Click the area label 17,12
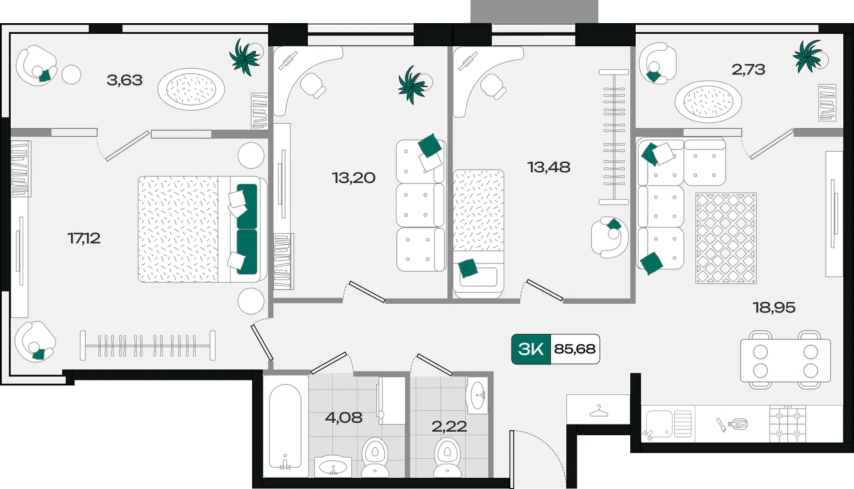tap(84, 238)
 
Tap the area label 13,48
tap(548, 167)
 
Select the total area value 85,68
tap(575, 349)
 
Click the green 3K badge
tap(531, 349)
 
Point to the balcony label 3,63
tap(125, 80)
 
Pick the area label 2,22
tap(449, 426)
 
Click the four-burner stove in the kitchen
tap(788, 424)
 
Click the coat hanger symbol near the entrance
tap(599, 411)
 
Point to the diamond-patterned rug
tap(726, 238)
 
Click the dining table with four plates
tap(786, 360)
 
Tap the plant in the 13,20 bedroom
tap(413, 85)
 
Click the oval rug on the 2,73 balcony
tap(708, 101)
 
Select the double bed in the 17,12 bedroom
tap(202, 229)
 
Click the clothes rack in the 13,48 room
tap(614, 137)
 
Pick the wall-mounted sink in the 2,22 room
tap(477, 395)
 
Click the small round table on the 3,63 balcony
tap(71, 75)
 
